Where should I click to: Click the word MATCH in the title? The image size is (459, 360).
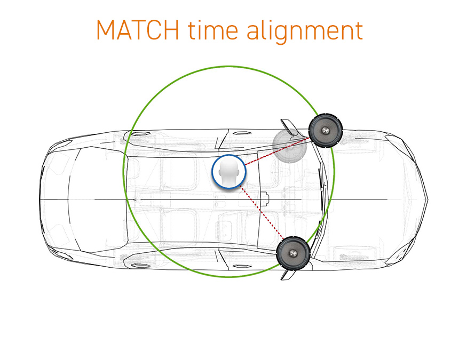[x=138, y=30]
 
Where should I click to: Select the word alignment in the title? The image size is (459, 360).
[x=305, y=32]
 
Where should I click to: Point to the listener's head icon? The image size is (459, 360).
[x=229, y=171]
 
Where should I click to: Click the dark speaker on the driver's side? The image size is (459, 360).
[x=326, y=131]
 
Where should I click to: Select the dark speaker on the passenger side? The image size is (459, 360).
[x=293, y=253]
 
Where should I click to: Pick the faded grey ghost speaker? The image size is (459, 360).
[x=289, y=146]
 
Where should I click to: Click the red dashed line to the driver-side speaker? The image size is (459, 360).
[x=277, y=151]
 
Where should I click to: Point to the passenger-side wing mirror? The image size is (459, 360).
[x=288, y=274]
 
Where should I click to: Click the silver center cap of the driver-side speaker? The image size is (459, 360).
[x=326, y=131]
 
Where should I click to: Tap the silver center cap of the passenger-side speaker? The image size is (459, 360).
[x=293, y=253]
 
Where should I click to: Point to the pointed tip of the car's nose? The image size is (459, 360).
[x=428, y=200]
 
